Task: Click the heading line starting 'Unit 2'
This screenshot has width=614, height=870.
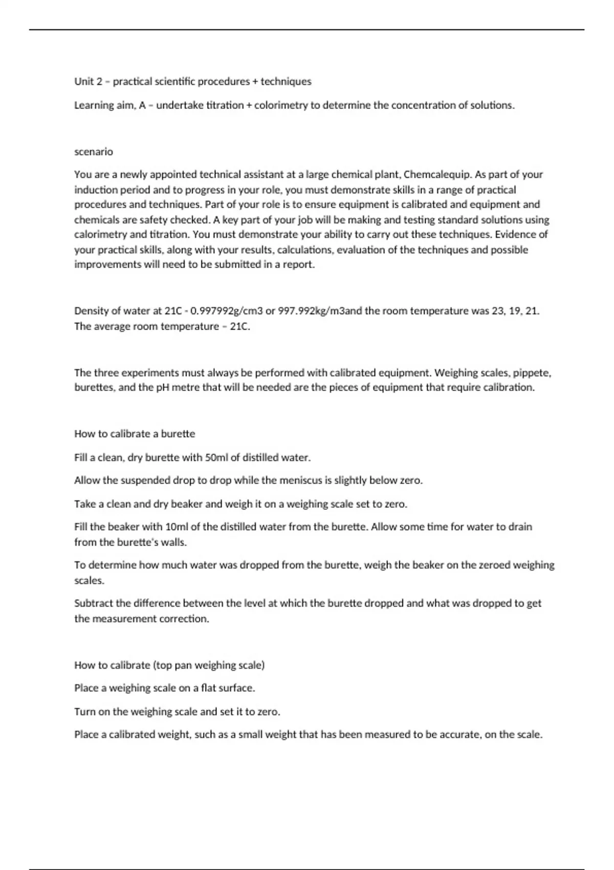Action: point(192,81)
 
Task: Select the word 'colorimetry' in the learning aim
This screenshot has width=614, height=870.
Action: point(281,105)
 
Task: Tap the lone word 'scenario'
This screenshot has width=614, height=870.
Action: point(94,151)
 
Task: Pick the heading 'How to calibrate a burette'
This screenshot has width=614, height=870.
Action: point(135,434)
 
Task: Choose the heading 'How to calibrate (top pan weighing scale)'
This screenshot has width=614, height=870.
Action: point(169,665)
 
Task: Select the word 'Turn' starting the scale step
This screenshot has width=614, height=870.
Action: point(84,712)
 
